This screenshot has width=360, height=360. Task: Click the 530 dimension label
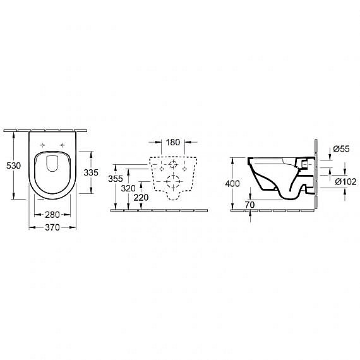coord(13,165)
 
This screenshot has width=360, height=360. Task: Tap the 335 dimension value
coord(91,172)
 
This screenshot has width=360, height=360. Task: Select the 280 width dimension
coord(52,215)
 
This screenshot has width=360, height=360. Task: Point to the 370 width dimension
coord(52,227)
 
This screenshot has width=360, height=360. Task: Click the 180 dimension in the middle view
coord(173,142)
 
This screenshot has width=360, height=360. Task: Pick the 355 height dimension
coord(116,179)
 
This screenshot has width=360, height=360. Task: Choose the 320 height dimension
coord(128,188)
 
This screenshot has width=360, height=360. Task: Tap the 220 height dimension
coord(141,198)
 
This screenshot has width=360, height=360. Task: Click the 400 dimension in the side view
coord(232,184)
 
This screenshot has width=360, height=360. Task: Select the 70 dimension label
coord(249,205)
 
